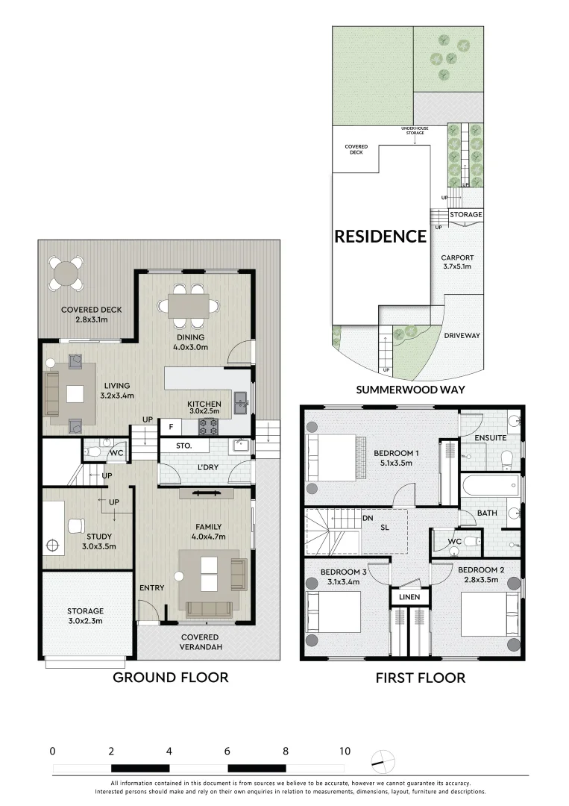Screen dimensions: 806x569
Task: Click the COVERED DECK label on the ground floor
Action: pyautogui.click(x=91, y=310)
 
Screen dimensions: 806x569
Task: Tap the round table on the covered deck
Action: pyautogui.click(x=66, y=273)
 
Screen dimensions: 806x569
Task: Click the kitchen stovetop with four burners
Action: pyautogui.click(x=208, y=426)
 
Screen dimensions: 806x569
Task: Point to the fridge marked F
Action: pyautogui.click(x=171, y=427)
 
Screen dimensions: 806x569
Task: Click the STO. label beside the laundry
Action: pyautogui.click(x=183, y=446)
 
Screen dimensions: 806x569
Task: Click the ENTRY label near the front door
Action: pyautogui.click(x=151, y=588)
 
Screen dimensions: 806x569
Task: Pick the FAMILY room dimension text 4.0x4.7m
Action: pyautogui.click(x=210, y=536)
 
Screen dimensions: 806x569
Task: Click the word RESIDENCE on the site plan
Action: pyautogui.click(x=380, y=237)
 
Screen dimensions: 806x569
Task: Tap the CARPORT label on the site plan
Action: pyautogui.click(x=456, y=258)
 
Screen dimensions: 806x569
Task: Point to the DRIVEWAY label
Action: pyautogui.click(x=462, y=335)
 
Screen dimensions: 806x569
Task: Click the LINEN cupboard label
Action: pyautogui.click(x=409, y=597)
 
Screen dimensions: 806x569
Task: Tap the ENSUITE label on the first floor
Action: pyautogui.click(x=491, y=438)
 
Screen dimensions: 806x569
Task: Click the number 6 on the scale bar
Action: pyautogui.click(x=227, y=751)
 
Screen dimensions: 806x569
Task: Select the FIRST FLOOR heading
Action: pyautogui.click(x=420, y=678)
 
